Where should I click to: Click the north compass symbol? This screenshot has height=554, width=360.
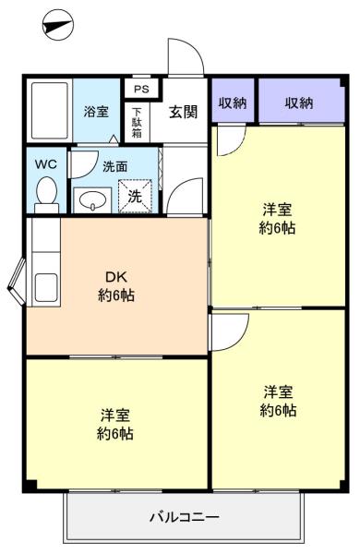click(58, 25)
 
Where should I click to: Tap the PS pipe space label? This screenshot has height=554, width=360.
click(141, 89)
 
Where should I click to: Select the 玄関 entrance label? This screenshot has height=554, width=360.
click(183, 112)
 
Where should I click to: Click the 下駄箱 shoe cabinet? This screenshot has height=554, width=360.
click(137, 122)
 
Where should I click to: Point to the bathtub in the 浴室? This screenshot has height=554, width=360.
click(50, 111)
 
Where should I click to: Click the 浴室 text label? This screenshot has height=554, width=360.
click(96, 112)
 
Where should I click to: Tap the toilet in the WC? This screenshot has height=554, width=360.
click(47, 195)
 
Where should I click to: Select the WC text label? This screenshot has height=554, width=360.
click(46, 164)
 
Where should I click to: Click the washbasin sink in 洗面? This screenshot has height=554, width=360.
click(92, 200)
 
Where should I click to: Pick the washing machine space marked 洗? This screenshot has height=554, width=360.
click(135, 197)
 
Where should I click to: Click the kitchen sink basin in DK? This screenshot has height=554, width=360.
click(46, 287)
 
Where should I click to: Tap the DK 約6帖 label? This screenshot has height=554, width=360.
click(116, 286)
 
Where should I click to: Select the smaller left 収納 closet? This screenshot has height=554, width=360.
click(233, 101)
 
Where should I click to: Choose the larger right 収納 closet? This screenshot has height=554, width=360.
click(301, 101)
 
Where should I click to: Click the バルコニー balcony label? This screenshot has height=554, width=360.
click(185, 517)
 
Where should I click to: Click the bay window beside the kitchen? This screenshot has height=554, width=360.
click(17, 282)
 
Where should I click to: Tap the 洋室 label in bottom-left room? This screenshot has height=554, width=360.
click(115, 415)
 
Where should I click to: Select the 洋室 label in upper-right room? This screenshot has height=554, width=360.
click(277, 210)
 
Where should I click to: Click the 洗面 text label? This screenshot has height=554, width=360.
click(115, 167)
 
